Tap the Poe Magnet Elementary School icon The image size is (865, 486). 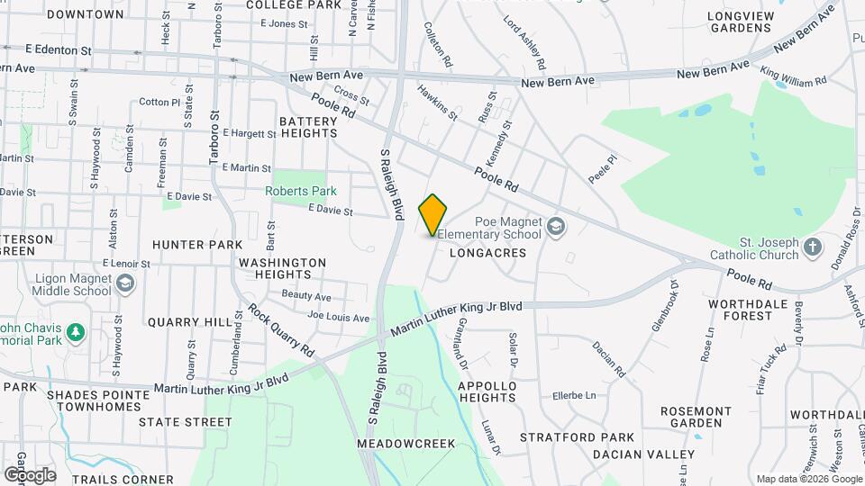pos(556,225)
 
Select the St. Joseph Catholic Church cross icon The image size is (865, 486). pos(813,246)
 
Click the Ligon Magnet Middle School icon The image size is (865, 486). pos(125,284)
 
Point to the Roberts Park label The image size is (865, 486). pos(301,191)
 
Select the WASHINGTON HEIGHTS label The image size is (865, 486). pos(282,268)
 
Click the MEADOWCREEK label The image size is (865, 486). pos(405,444)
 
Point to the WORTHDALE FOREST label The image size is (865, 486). pos(741,310)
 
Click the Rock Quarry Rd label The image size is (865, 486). pos(282,330)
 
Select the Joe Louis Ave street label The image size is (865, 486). pos(338,318)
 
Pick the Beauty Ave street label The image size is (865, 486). pos(306,295)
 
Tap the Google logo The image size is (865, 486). pos(30,474)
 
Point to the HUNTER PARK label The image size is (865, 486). pos(197,245)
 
